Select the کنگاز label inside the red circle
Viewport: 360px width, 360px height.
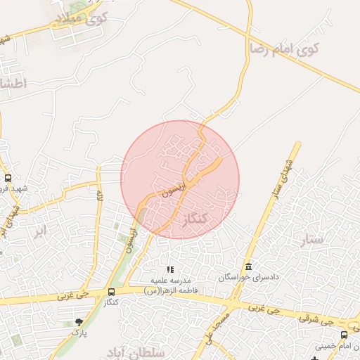[195, 219]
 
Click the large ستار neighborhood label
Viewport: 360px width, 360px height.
[314, 239]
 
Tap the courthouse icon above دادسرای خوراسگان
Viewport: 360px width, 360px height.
[247, 266]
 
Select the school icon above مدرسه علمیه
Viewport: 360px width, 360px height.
[169, 269]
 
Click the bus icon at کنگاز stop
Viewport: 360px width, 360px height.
[111, 291]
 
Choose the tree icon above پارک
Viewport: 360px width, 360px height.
[78, 321]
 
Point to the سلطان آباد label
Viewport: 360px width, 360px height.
[130, 350]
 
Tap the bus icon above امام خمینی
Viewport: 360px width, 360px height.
[344, 335]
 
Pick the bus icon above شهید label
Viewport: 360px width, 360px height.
[8, 178]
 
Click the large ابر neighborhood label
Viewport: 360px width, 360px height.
[40, 230]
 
